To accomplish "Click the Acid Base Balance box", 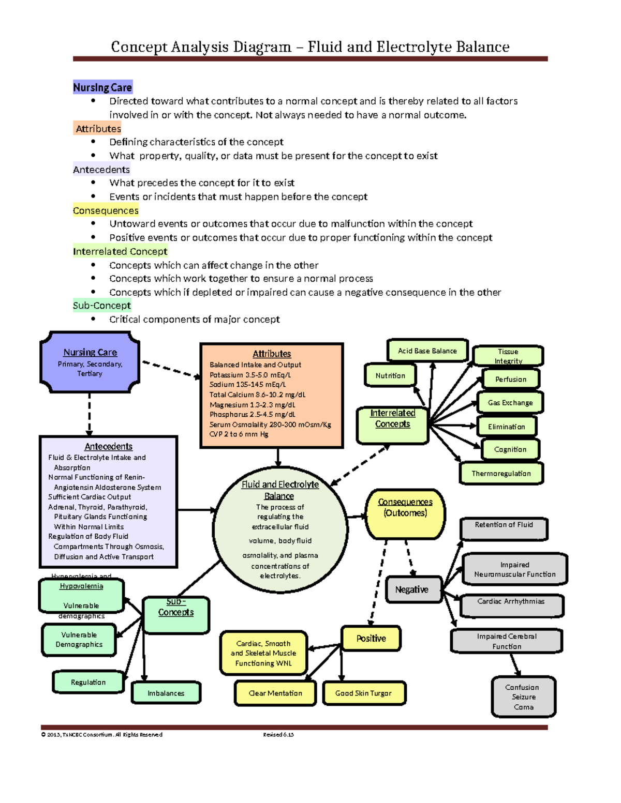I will [427, 351].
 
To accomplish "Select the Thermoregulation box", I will [501, 473].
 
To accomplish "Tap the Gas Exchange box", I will [510, 402].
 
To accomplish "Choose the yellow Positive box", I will [371, 639].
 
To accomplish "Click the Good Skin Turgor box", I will [364, 693].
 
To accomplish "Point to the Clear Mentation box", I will [275, 693].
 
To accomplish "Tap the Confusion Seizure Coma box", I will [523, 697].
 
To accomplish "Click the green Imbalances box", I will [166, 693].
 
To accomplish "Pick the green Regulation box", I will [88, 682].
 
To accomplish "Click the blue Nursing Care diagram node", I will [90, 362].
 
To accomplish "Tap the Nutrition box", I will [390, 375].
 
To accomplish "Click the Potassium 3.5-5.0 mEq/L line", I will [250, 375].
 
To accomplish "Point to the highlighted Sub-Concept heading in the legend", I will [102, 306].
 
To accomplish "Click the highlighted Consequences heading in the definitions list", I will [106, 210].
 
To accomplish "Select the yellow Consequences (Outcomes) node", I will [405, 513].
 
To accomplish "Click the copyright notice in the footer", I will [102, 734].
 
